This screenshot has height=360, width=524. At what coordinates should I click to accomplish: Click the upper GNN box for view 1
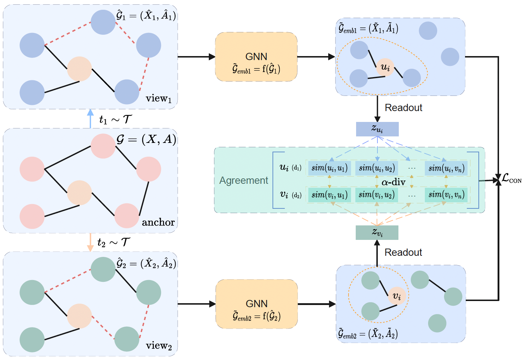(x=256, y=57)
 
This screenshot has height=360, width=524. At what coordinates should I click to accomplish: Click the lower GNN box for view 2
(x=257, y=304)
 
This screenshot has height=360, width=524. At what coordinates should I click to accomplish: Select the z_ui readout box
(x=377, y=129)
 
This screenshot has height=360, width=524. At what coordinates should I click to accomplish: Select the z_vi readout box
(x=377, y=233)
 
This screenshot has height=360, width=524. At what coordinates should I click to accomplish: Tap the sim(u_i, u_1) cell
(x=329, y=168)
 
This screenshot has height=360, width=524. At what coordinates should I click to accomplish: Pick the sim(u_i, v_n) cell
(x=446, y=168)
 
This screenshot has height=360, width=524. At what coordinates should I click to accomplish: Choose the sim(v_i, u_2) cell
(x=376, y=195)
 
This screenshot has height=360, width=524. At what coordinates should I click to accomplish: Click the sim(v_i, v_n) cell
(x=446, y=195)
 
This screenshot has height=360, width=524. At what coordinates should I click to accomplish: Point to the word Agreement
(x=244, y=181)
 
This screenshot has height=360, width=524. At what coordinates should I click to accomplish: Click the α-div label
(x=393, y=182)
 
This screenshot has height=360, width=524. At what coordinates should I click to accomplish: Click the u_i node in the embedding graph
(x=385, y=67)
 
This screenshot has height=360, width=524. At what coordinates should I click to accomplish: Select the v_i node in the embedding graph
(x=397, y=296)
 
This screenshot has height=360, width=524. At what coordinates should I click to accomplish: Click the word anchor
(x=158, y=222)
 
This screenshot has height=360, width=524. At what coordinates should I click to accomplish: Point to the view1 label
(x=159, y=98)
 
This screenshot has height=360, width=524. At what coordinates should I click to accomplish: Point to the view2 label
(x=159, y=346)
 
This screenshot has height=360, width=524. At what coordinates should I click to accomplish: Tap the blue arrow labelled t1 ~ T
(x=90, y=119)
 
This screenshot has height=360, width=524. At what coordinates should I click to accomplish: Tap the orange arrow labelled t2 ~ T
(x=90, y=242)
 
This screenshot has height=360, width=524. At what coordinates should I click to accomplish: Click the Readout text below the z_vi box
(x=403, y=253)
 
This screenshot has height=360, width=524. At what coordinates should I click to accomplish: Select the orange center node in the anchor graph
(x=79, y=193)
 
